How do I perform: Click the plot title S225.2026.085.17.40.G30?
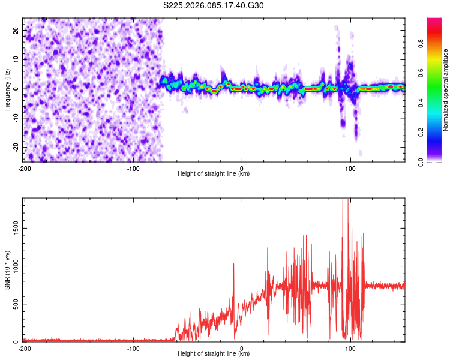tap(214, 6)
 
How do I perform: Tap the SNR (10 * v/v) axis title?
tap(7, 269)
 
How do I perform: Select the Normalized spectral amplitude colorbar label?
tap(445, 90)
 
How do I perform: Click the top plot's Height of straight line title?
tap(214, 173)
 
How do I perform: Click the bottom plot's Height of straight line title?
tap(214, 353)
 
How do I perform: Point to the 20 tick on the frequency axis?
tap(16, 30)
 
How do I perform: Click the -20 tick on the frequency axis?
tap(15, 147)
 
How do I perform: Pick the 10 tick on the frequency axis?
tap(16, 59)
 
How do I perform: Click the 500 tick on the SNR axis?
tap(15, 304)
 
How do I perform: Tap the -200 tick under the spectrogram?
tap(25, 168)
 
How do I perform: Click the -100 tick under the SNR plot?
tap(133, 348)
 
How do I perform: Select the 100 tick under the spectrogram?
tap(350, 168)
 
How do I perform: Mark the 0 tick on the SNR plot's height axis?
tap(242, 348)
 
